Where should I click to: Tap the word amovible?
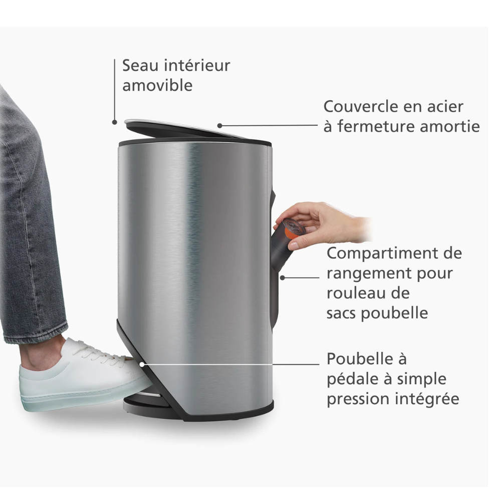157,85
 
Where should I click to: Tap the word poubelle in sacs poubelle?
395,313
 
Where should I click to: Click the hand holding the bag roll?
323,223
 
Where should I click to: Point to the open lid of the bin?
185,129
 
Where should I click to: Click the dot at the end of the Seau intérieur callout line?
114,122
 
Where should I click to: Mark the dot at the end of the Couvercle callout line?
219,126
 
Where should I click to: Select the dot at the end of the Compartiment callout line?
283,278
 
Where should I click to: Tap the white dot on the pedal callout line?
142,364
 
